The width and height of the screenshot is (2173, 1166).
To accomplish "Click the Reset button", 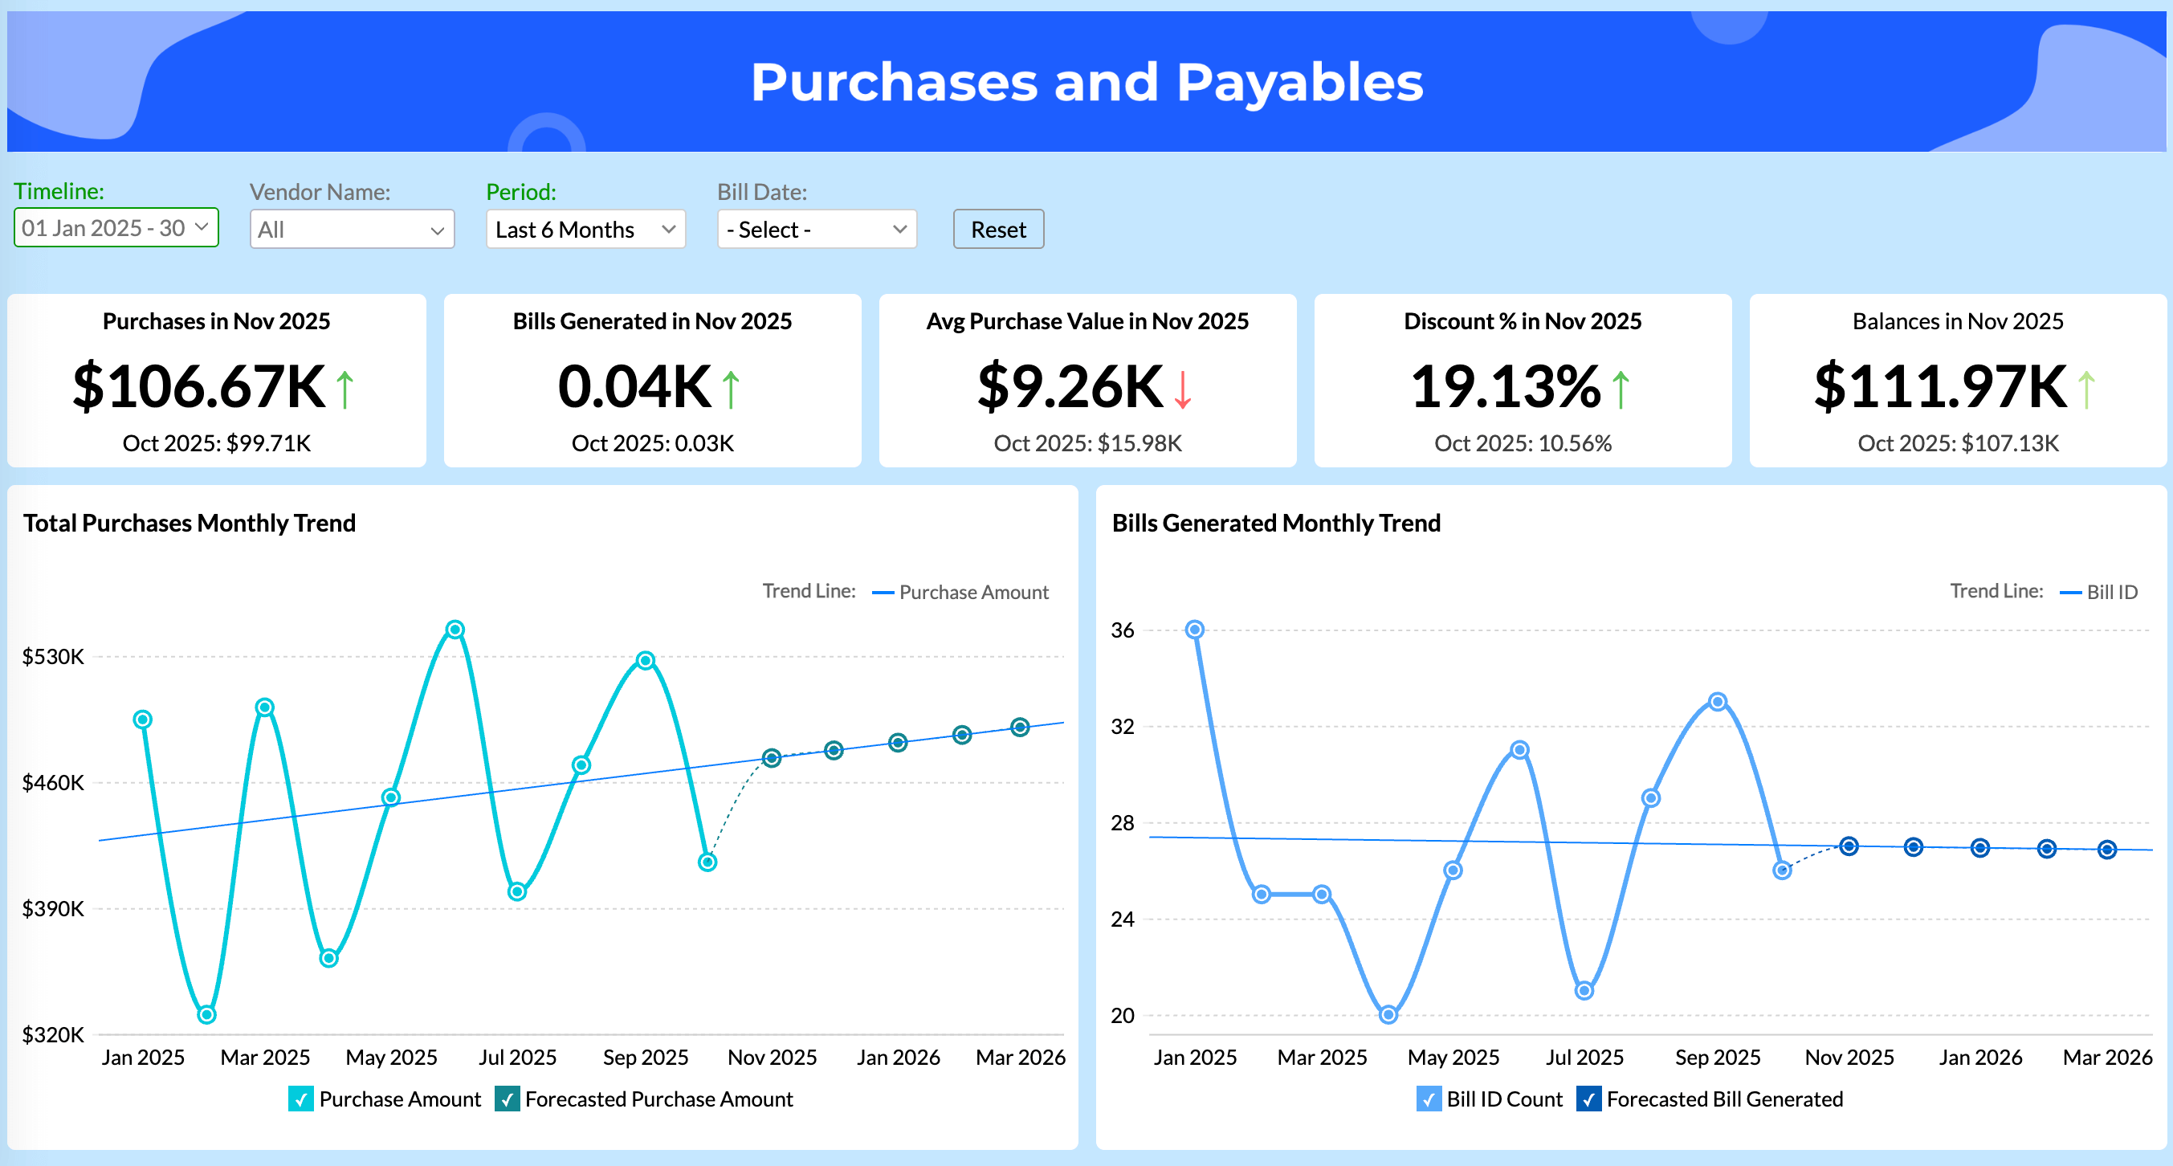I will click(998, 230).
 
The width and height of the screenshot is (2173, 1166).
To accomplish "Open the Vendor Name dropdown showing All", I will click(352, 230).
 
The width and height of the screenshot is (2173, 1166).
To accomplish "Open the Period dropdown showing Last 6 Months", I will click(585, 230).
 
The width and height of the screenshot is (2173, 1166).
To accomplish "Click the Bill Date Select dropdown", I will click(816, 230).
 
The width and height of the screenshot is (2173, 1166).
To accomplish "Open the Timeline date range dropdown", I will click(116, 228).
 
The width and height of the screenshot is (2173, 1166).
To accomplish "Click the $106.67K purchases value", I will click(199, 387).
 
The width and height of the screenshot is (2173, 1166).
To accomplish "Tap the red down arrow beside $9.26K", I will click(1183, 389).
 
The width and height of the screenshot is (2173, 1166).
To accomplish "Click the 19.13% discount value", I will click(1506, 387).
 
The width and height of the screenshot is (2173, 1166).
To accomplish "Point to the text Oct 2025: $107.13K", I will click(1958, 443).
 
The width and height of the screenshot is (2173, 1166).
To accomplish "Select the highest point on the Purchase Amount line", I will click(455, 630).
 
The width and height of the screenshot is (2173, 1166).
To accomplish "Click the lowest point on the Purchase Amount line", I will click(206, 1014).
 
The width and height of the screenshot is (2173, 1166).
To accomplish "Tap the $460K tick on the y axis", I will click(52, 783).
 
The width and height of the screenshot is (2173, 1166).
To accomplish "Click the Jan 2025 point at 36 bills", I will click(1194, 630).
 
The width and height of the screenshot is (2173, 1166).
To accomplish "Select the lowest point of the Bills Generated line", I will click(1388, 1014).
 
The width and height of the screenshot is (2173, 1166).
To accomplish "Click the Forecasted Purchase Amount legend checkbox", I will click(507, 1099).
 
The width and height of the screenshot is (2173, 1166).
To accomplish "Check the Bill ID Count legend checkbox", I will click(1429, 1099).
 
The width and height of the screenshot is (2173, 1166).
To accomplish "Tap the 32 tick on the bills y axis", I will click(1123, 727).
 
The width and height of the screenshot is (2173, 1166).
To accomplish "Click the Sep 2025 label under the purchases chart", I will click(646, 1057).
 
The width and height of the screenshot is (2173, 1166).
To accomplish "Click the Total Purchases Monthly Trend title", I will click(190, 523).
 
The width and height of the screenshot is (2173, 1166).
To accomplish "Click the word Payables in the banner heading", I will click(1299, 83).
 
